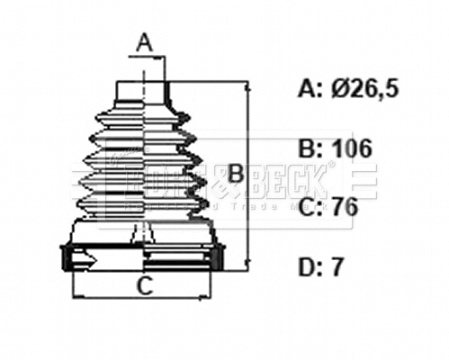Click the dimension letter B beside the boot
[235, 174]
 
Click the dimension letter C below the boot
[142, 287]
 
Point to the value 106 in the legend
[352, 148]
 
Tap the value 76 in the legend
[343, 208]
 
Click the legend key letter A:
[309, 88]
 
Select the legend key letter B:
[309, 148]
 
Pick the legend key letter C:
[309, 208]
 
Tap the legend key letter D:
[309, 267]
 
